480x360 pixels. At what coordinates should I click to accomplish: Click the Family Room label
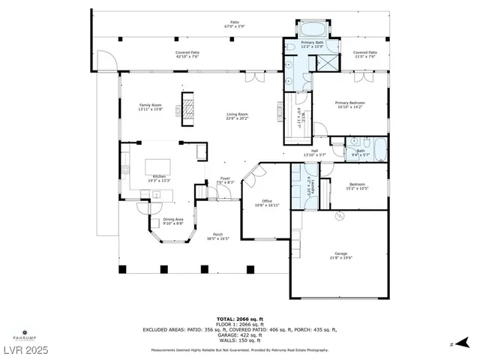(x=150, y=106)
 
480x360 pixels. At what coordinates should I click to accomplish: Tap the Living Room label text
(x=238, y=116)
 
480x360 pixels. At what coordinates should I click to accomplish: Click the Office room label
(x=266, y=202)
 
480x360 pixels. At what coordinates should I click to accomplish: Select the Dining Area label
(x=173, y=220)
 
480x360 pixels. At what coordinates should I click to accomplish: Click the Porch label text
(x=217, y=235)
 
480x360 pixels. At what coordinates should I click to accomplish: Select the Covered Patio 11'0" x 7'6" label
(x=365, y=54)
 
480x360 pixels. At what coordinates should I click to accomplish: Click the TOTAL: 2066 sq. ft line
(x=240, y=319)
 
